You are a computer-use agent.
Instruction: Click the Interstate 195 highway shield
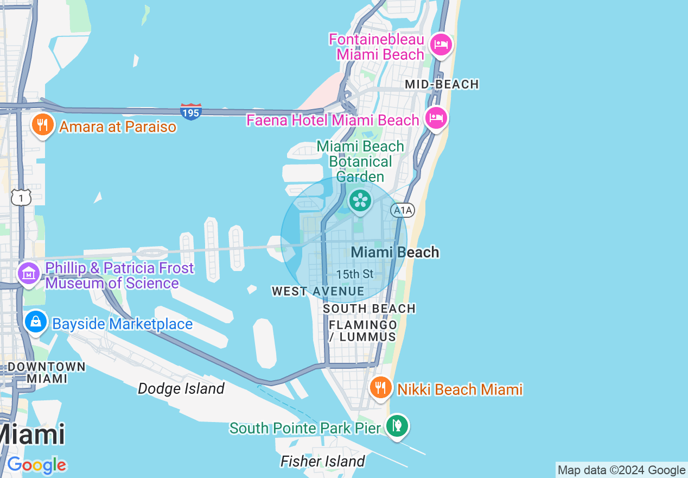pyautogui.click(x=191, y=111)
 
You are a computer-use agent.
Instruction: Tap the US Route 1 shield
pyautogui.click(x=21, y=198)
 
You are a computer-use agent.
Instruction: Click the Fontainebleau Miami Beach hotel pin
pyautogui.click(x=441, y=44)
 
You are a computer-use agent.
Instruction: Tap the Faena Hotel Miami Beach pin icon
pyautogui.click(x=436, y=118)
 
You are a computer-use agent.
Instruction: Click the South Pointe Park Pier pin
pyautogui.click(x=397, y=426)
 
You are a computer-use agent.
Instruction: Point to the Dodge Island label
pyautogui.click(x=181, y=388)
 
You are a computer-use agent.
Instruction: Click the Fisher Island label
pyautogui.click(x=322, y=461)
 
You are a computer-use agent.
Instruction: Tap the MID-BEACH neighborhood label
pyautogui.click(x=442, y=84)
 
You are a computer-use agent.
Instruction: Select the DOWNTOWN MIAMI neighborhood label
pyautogui.click(x=47, y=372)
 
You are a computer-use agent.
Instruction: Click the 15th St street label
pyautogui.click(x=355, y=274)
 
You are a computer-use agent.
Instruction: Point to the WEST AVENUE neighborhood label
pyautogui.click(x=318, y=292)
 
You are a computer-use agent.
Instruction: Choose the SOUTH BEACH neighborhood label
pyautogui.click(x=369, y=309)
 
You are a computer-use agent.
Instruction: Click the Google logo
pyautogui.click(x=37, y=465)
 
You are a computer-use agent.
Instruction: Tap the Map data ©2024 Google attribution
pyautogui.click(x=622, y=470)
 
